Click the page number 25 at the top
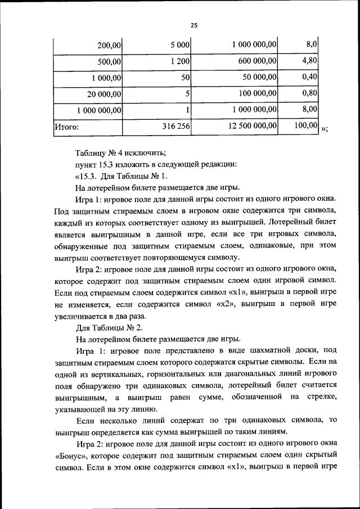tap(193, 25)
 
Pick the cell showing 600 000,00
tap(254, 61)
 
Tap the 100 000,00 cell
tap(254, 94)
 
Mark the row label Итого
tap(66, 127)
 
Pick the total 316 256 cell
tap(175, 127)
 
